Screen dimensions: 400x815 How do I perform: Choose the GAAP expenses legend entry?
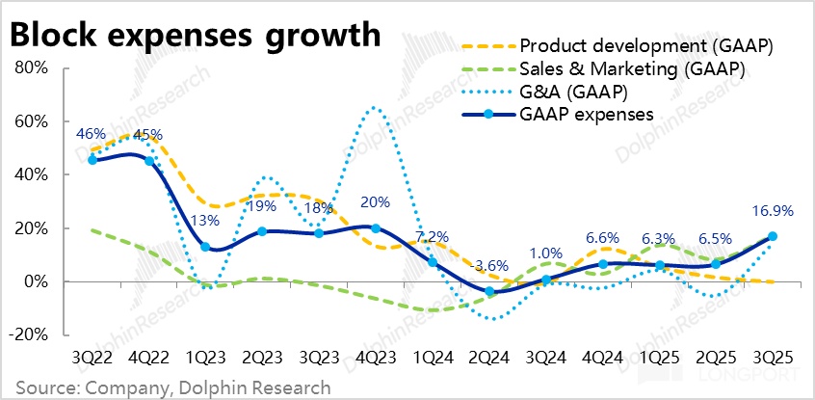[x=587, y=114]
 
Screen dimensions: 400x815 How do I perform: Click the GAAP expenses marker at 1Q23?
[x=205, y=247]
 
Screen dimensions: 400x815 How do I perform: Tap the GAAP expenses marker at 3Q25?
[x=773, y=236]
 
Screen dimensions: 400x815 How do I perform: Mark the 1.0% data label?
[x=545, y=254]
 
